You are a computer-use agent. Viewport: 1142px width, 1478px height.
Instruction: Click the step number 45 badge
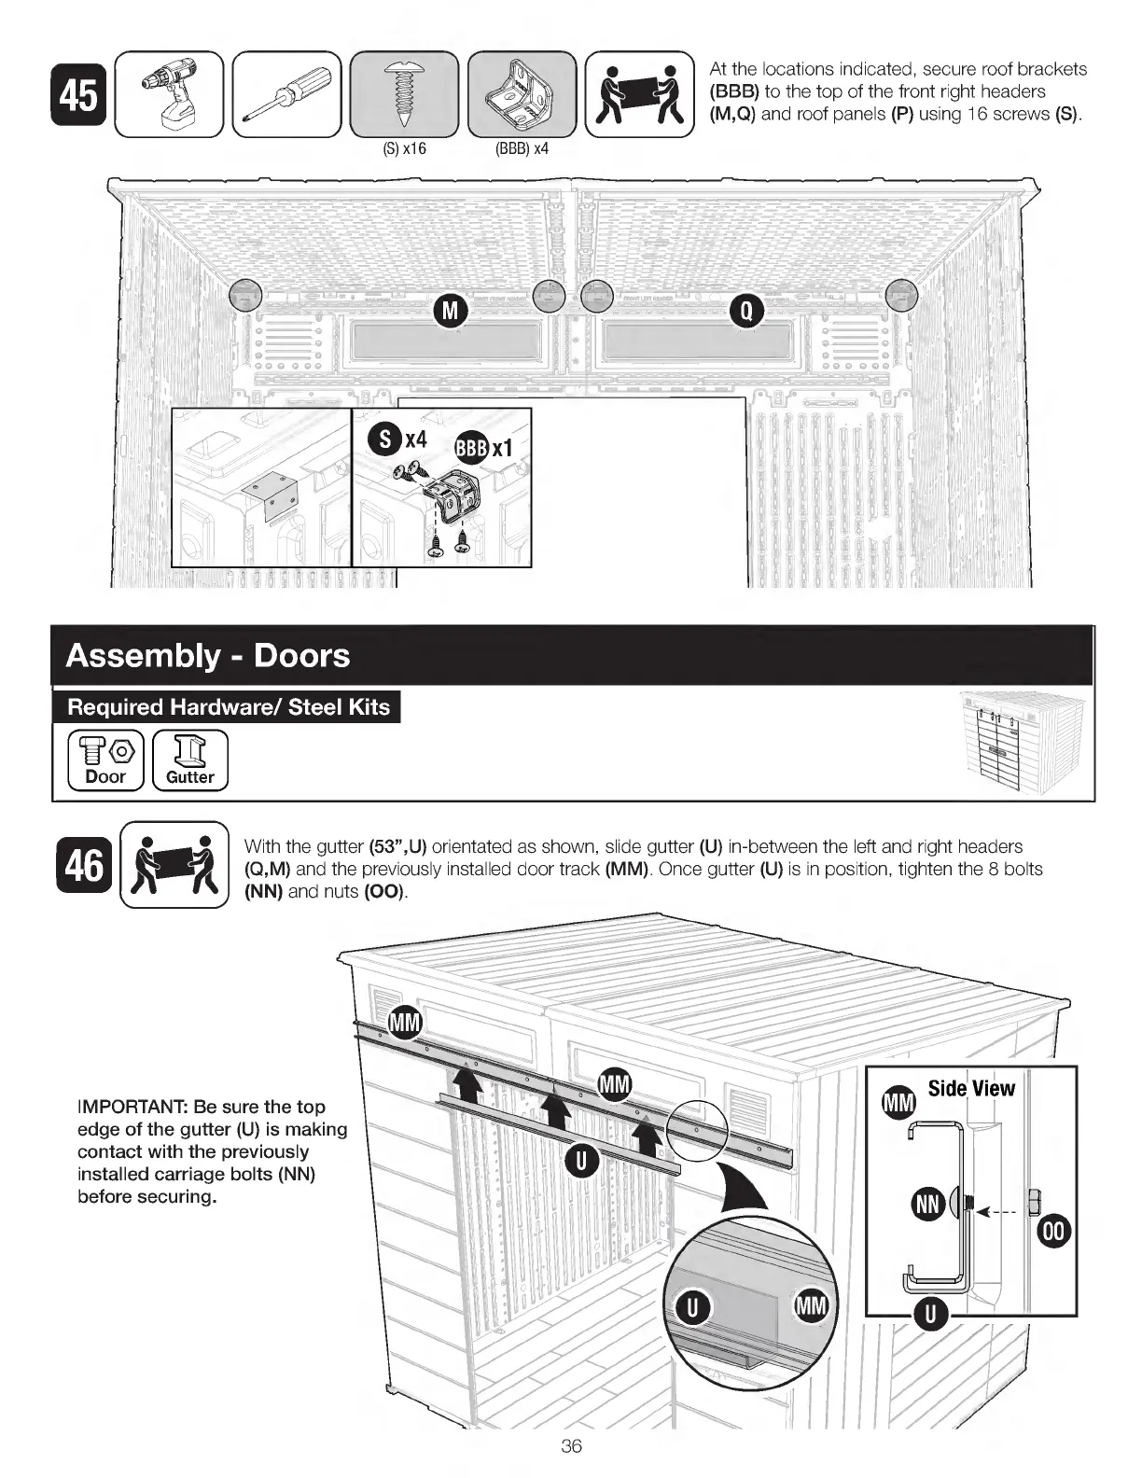coord(79,95)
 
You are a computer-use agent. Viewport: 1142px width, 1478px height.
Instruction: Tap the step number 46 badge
coord(83,864)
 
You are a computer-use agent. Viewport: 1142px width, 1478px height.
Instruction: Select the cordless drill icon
coord(169,95)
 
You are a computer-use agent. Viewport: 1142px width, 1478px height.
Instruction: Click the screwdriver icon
coord(288,95)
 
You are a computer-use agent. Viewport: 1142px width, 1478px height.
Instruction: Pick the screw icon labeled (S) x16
coord(404,95)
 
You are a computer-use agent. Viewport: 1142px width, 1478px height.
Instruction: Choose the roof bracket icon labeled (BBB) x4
coord(522,95)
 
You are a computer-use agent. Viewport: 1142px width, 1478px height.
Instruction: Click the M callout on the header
coord(451,310)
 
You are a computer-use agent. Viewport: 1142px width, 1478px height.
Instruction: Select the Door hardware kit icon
coord(105,760)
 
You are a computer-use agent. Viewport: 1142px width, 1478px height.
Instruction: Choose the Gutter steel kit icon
coord(190,760)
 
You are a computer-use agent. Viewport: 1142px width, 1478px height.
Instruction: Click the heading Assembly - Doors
coord(208,655)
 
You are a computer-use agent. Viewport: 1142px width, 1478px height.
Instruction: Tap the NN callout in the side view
coord(928,1205)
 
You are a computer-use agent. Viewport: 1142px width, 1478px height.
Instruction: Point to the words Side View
coord(971,1088)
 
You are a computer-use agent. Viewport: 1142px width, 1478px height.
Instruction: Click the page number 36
coord(571,1446)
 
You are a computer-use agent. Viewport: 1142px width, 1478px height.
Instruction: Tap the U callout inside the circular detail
coord(693,1307)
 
